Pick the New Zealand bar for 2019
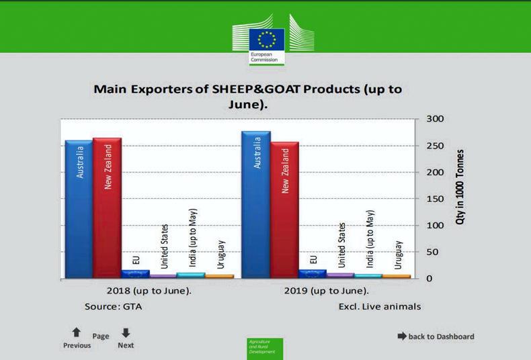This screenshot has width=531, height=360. (x=284, y=210)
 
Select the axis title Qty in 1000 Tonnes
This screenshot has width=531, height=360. (x=461, y=187)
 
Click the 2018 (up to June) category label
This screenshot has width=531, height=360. (x=149, y=291)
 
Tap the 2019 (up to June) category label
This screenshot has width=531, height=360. (x=326, y=291)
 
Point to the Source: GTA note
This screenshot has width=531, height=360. (x=114, y=306)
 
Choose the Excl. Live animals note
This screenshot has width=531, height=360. (x=380, y=306)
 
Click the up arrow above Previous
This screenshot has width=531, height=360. (x=77, y=332)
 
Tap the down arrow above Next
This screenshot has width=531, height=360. (x=126, y=332)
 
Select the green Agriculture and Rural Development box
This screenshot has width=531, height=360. (x=265, y=348)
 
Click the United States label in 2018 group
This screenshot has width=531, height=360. (x=165, y=246)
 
